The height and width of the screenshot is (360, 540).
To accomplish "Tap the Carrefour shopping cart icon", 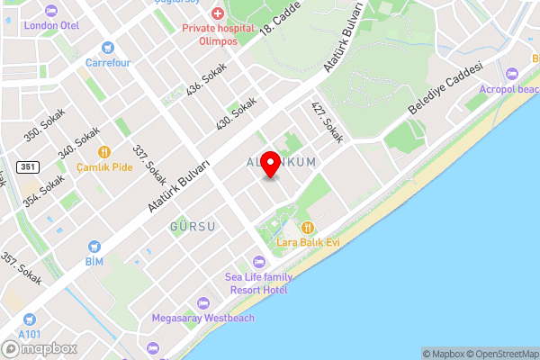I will point(108,48).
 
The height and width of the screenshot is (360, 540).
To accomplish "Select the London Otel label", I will point(52,25).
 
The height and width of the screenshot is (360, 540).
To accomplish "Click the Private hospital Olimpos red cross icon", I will point(217,13).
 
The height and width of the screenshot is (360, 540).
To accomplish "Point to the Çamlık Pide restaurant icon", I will point(104,152).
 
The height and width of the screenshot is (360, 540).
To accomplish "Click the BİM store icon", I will point(94,246).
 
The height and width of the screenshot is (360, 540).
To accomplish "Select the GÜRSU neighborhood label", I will point(193,227).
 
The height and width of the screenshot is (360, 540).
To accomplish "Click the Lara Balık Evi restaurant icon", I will point(308,227).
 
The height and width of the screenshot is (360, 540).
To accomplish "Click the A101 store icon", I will point(30,319).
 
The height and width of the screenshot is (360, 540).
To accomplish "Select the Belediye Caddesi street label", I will point(446,88).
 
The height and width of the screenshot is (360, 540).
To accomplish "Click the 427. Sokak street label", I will point(328,123).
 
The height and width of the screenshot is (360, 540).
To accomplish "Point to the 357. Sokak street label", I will point(22,269).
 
